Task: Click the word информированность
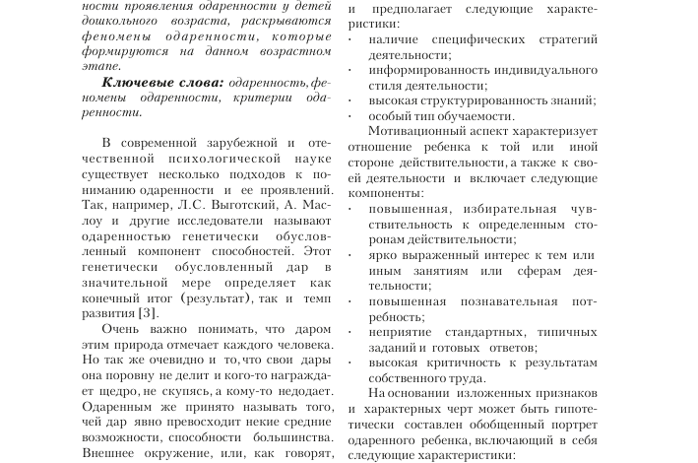(430, 70)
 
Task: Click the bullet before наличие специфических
(352, 38)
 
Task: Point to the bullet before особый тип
(352, 116)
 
